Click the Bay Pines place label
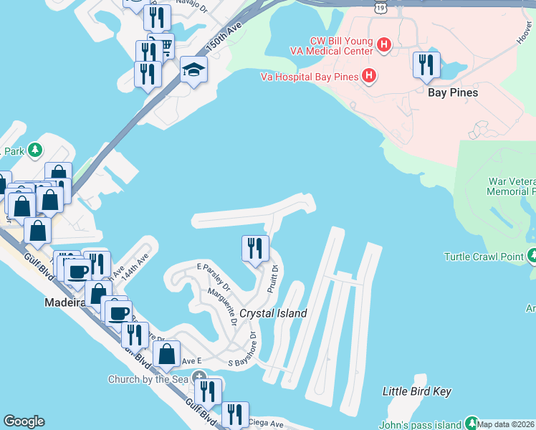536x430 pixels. pyautogui.click(x=452, y=92)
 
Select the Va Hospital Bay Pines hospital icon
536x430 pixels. pyautogui.click(x=368, y=75)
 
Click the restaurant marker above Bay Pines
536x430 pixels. pyautogui.click(x=426, y=64)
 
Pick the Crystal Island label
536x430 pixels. pyautogui.click(x=273, y=313)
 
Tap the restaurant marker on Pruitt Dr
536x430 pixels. pyautogui.click(x=255, y=249)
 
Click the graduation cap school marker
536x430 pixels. pyautogui.click(x=193, y=70)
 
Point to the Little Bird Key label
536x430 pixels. pyautogui.click(x=416, y=391)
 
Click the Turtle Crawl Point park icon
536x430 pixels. pyautogui.click(x=532, y=256)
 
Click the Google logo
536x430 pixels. pyautogui.click(x=23, y=421)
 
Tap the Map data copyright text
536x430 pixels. pyautogui.click(x=506, y=424)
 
